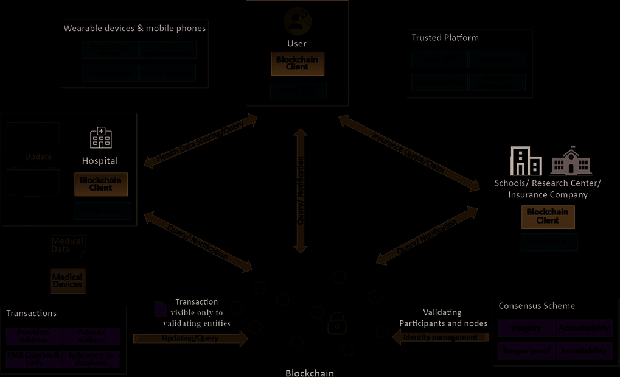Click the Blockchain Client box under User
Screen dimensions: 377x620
(298, 64)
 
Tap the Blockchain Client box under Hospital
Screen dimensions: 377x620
(101, 185)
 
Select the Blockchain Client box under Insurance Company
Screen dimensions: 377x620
(548, 217)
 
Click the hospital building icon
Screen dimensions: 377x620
(101, 138)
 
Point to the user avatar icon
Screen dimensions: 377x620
(297, 21)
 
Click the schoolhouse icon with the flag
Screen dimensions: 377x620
(571, 161)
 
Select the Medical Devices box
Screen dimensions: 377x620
(68, 281)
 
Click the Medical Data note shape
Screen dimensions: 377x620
(68, 245)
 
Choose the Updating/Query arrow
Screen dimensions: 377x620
(190, 339)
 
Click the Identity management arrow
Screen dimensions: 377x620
(441, 337)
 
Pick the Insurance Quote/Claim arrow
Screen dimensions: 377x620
(409, 153)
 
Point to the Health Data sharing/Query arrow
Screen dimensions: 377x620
(201, 141)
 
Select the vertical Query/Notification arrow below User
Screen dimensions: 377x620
(300, 190)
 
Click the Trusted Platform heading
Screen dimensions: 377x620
(445, 38)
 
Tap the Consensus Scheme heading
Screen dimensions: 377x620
(537, 306)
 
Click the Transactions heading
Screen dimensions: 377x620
(32, 313)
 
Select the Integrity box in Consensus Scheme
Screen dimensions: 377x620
(526, 328)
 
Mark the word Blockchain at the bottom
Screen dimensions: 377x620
(310, 373)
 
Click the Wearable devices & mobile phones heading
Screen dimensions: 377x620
(134, 28)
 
